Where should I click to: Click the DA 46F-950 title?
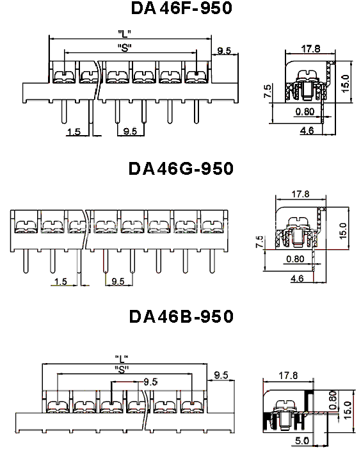point(182,8)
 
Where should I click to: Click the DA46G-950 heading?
point(181,168)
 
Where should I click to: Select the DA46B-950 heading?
point(181,316)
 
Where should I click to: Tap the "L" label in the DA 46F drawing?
point(124,33)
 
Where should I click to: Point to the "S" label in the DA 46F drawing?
point(125,47)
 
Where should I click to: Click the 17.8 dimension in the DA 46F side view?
point(311,49)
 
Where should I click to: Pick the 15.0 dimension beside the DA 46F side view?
point(346,83)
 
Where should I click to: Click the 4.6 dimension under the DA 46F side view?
point(307,131)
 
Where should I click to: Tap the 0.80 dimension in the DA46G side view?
point(295,259)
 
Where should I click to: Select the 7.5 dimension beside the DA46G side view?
point(260,241)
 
